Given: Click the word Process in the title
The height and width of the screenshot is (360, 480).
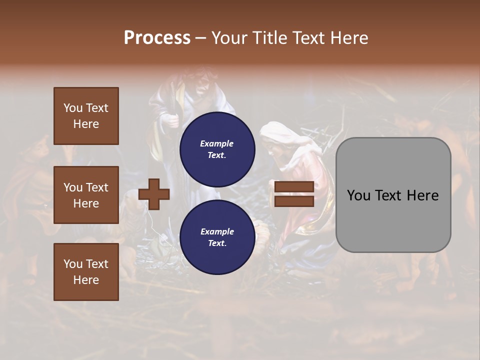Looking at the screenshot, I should [x=157, y=37].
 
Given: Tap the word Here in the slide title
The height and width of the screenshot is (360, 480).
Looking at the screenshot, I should [x=348, y=38].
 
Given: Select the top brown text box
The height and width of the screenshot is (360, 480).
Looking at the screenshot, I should [x=86, y=116].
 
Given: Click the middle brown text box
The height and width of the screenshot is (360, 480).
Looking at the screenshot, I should [x=86, y=195].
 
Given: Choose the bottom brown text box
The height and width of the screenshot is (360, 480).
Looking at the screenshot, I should [x=86, y=272].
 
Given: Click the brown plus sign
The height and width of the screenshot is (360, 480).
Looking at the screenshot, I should [x=154, y=194].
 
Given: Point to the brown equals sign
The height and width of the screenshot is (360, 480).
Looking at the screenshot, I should [x=294, y=194].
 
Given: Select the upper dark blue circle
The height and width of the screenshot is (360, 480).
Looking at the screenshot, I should [x=217, y=149].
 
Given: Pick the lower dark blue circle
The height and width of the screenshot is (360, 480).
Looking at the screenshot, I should [x=217, y=237].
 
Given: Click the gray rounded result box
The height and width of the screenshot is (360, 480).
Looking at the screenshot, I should [x=393, y=195].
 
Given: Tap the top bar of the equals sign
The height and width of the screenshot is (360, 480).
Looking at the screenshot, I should [x=294, y=187].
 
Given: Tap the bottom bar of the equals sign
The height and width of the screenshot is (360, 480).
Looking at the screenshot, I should [x=294, y=201].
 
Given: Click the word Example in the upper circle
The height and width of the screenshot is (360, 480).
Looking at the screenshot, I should [x=217, y=143].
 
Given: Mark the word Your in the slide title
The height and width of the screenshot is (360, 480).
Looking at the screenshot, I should [x=228, y=38].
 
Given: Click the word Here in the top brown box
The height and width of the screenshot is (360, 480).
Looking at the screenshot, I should [x=86, y=124].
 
